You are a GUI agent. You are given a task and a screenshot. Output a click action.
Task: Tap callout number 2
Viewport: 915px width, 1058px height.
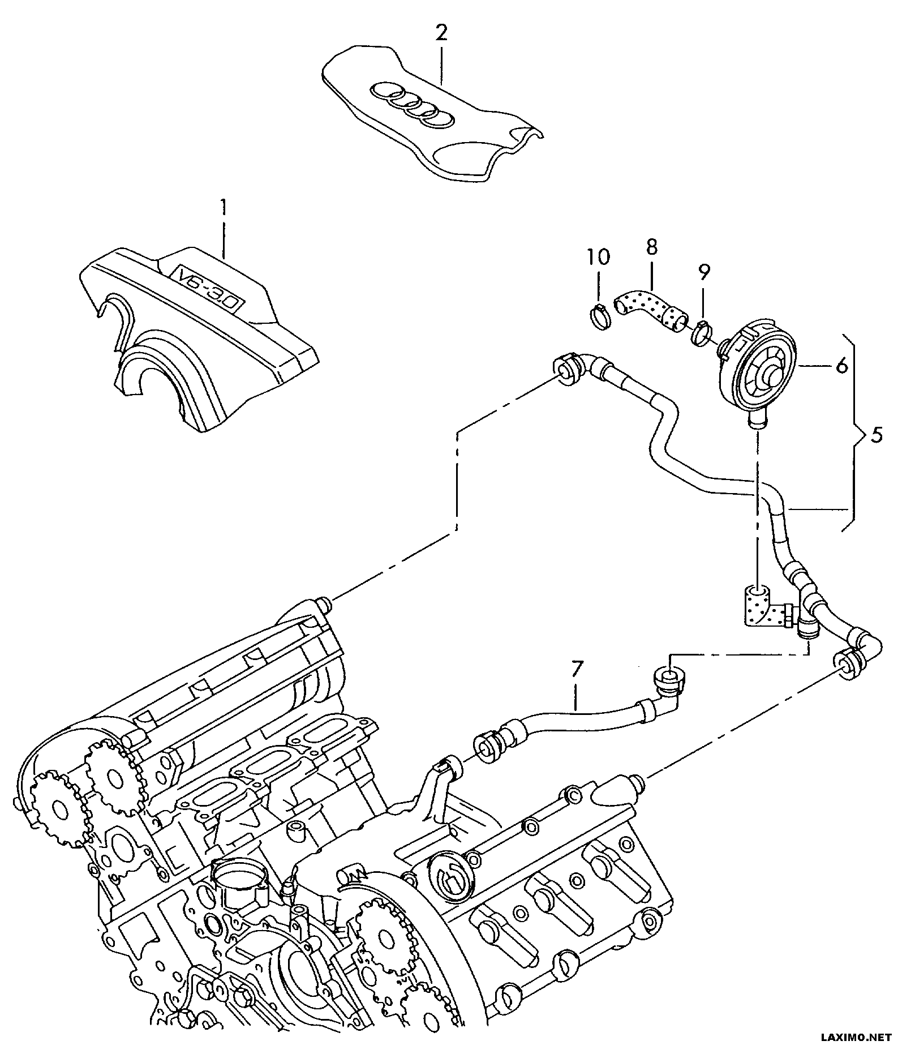pos(441,33)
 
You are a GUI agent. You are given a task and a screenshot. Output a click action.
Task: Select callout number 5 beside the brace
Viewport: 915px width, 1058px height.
pos(876,436)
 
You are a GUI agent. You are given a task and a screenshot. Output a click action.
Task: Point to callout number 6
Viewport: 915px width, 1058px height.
pos(841,367)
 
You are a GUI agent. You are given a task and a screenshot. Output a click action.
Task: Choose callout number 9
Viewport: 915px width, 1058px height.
pos(703,273)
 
